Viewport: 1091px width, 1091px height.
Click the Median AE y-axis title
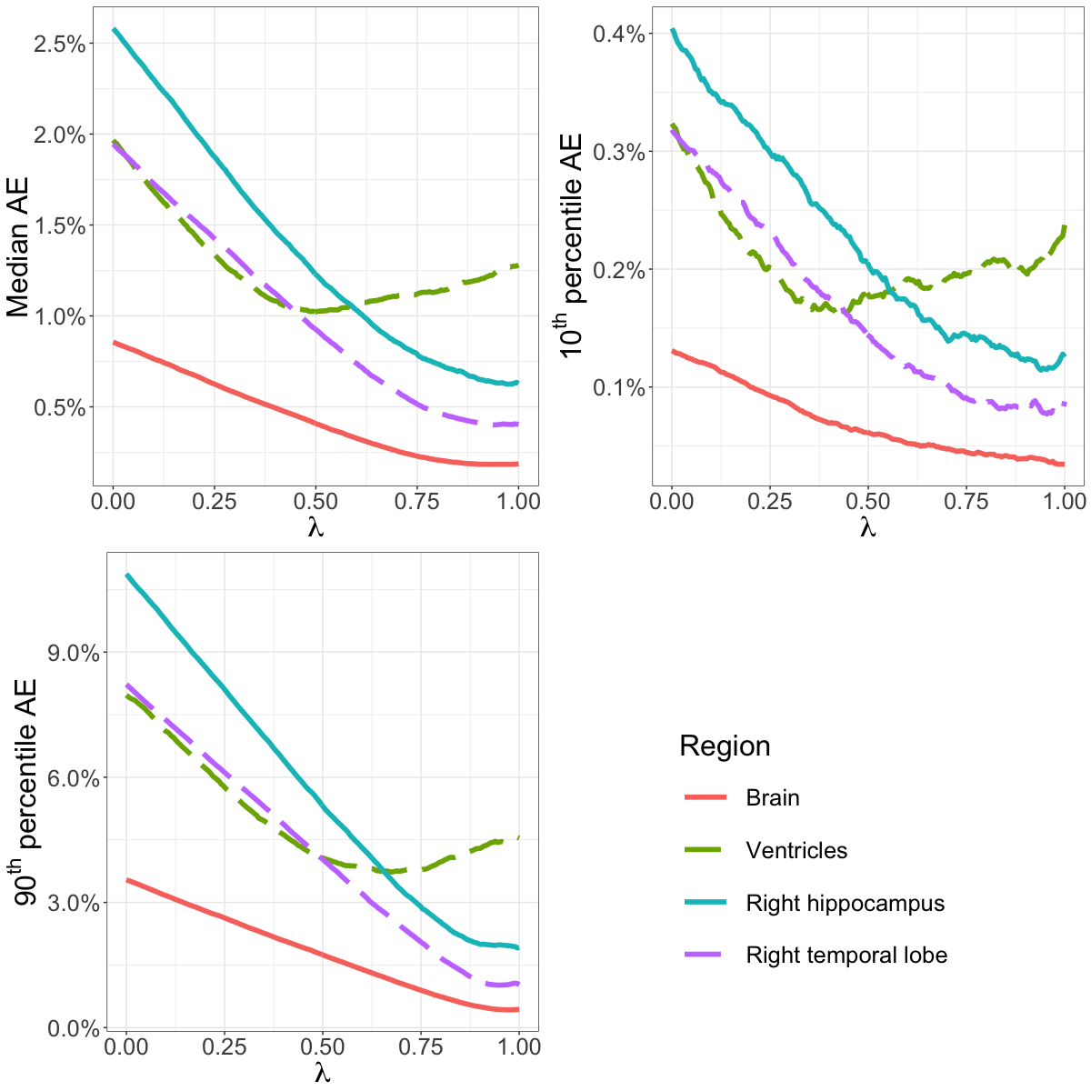[x=19, y=246]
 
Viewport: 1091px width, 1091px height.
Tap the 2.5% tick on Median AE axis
[x=59, y=44]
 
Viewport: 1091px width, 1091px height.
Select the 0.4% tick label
[x=619, y=34]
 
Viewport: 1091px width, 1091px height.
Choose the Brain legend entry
[x=773, y=798]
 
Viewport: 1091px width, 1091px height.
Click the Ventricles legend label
[x=796, y=851]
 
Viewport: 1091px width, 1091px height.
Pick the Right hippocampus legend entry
[x=845, y=904]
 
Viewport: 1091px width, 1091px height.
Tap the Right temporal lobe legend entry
[x=846, y=956]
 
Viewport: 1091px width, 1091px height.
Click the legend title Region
[x=725, y=746]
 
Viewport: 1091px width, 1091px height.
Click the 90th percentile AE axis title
[x=26, y=791]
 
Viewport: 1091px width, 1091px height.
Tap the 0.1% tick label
[x=619, y=388]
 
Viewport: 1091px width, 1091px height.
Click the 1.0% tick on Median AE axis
[x=59, y=316]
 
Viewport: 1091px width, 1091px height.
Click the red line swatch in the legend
[x=705, y=798]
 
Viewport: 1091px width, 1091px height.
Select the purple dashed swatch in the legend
[x=705, y=956]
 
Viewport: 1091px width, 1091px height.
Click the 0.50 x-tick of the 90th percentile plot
[x=323, y=1046]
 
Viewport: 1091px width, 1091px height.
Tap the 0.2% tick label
[x=619, y=270]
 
